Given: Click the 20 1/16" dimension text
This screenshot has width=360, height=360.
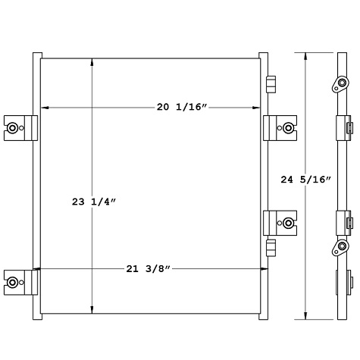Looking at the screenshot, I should coord(180,108).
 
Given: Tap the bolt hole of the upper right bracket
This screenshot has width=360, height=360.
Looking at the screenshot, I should coord(289,127).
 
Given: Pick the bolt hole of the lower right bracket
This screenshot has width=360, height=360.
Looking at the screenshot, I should coord(289,202).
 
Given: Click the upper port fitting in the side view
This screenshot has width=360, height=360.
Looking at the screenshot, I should coord(339,84).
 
